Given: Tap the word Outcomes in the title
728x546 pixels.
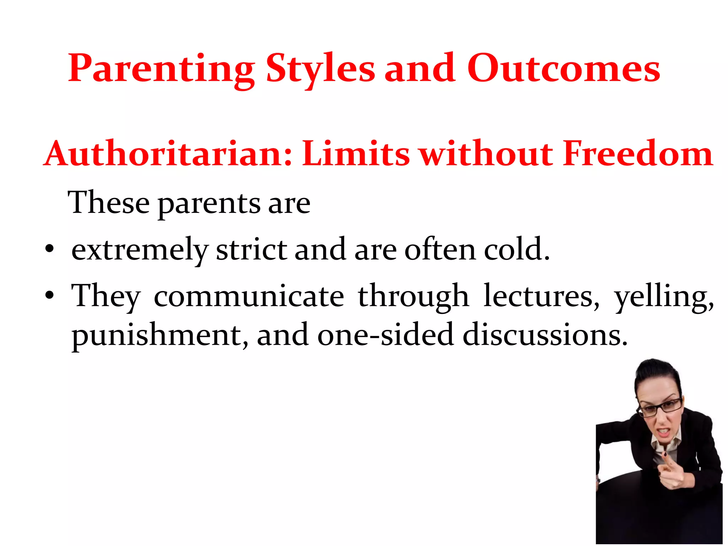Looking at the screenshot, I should pos(563,68).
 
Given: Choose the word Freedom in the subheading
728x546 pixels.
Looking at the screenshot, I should pos(638,154).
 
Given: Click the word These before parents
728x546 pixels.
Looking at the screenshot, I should pos(108,203).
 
